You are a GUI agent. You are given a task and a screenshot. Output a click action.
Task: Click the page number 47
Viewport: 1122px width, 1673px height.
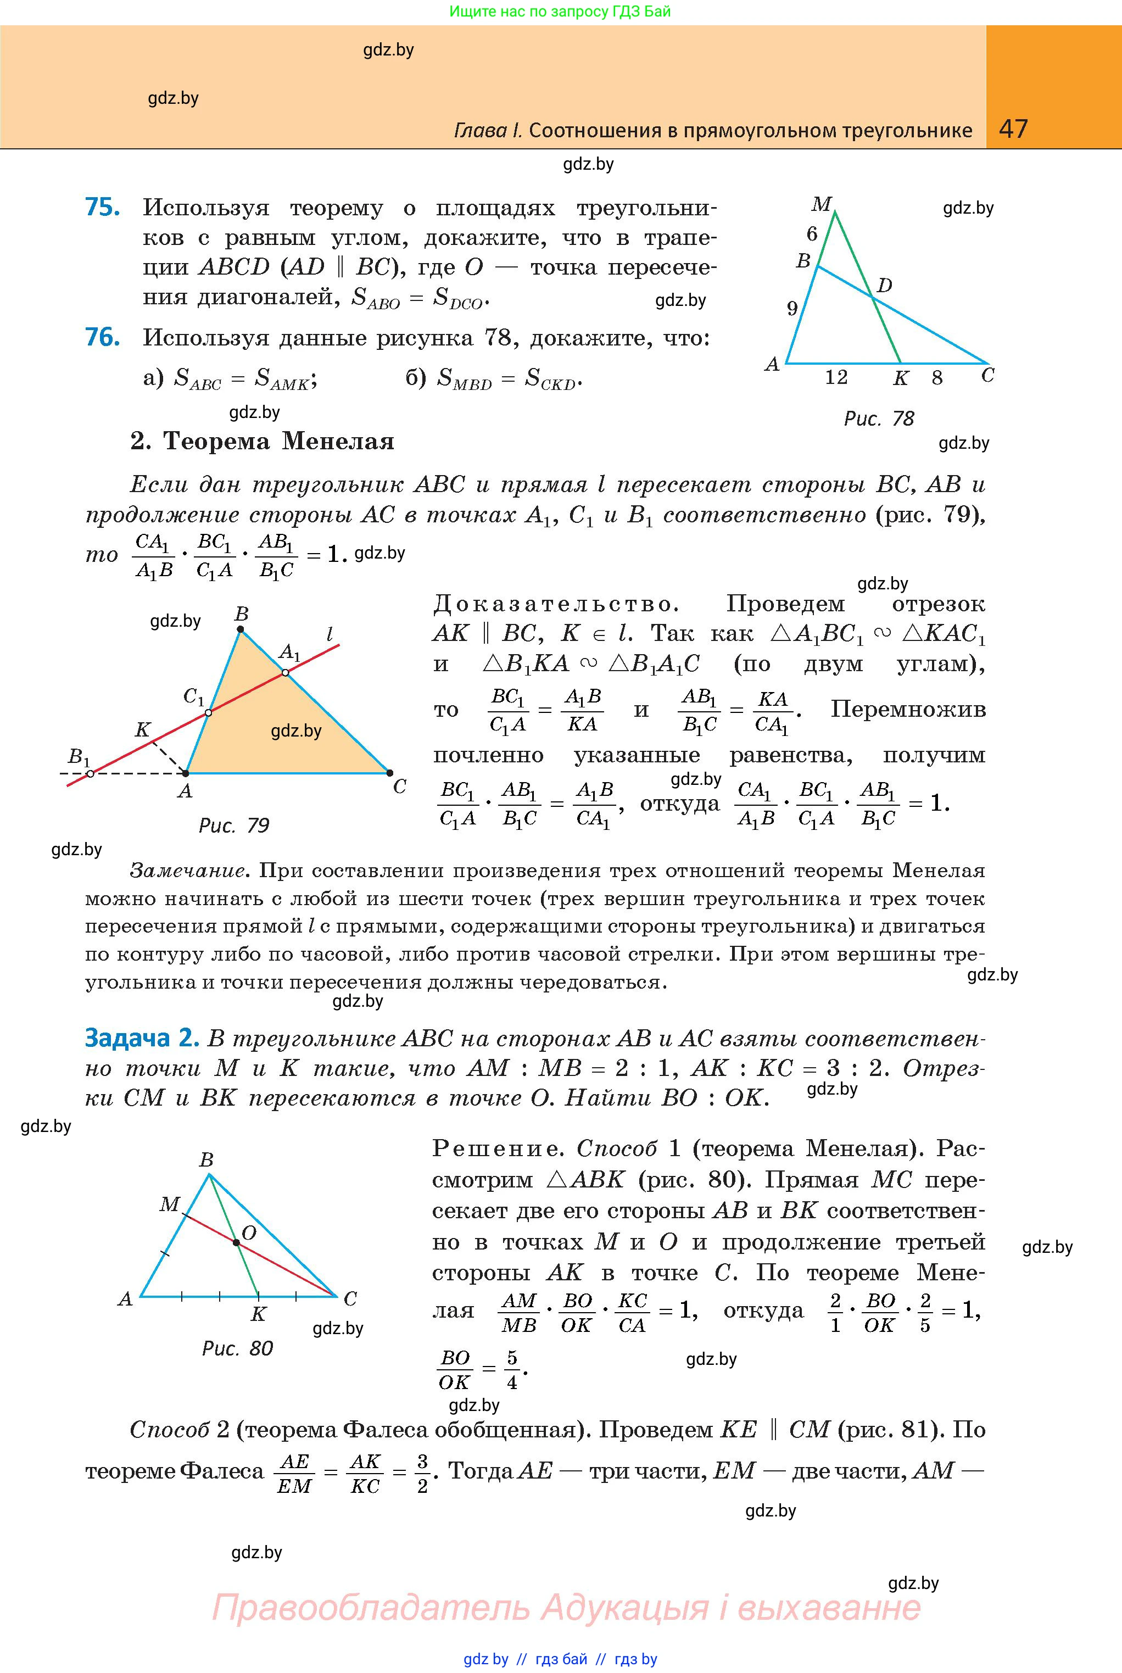pos(1013,129)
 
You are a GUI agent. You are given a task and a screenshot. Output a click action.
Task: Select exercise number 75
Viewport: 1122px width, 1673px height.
pos(102,208)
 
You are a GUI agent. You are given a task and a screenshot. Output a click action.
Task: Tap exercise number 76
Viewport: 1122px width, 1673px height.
pos(102,337)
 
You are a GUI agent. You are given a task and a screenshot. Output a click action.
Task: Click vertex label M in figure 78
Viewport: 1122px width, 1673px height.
pos(820,205)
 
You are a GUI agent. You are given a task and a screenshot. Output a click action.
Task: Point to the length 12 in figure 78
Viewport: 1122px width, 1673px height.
pos(836,377)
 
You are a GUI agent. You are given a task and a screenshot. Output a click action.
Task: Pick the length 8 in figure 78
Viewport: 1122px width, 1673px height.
pos(937,378)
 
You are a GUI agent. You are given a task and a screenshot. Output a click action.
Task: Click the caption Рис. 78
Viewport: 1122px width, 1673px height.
pos(879,419)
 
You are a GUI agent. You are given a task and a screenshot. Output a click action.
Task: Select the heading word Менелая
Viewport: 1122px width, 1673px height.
pos(338,442)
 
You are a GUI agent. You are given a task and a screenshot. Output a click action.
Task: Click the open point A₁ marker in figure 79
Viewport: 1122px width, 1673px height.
pos(285,673)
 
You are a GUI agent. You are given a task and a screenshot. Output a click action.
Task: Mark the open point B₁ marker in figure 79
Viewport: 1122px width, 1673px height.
pos(90,773)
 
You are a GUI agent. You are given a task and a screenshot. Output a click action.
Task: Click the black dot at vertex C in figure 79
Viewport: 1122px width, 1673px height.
pos(389,773)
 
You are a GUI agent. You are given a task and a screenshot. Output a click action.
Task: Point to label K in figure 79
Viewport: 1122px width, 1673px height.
pos(142,730)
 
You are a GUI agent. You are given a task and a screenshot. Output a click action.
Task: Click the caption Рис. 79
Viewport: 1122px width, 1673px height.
pos(233,826)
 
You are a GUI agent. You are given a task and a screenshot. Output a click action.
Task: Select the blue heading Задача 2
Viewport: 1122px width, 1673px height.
pos(141,1038)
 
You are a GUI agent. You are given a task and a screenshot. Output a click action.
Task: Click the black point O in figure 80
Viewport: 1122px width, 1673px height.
pos(236,1243)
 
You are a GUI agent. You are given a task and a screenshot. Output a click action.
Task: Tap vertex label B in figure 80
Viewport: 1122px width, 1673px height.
pos(206,1159)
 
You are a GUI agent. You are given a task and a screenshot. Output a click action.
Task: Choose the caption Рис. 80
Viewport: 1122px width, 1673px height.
pos(238,1349)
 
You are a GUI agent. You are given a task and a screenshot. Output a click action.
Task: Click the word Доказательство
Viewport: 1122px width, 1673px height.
pos(555,605)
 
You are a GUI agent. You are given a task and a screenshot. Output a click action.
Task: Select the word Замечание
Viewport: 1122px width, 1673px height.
pos(189,871)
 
